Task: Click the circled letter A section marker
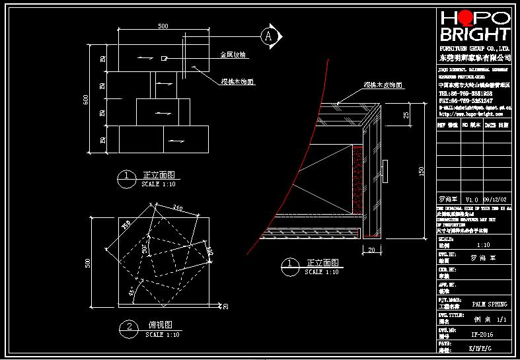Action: pos(268,36)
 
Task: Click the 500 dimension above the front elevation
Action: pos(163,26)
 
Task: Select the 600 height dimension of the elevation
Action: pos(85,99)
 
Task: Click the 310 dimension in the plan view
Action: pos(178,208)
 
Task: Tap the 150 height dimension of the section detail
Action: pos(421,171)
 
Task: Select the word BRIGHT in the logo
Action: pos(475,34)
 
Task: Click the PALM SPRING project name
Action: pos(490,304)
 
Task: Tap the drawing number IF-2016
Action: pos(482,334)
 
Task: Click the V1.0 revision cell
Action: pos(472,199)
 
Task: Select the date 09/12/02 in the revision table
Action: pos(496,199)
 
